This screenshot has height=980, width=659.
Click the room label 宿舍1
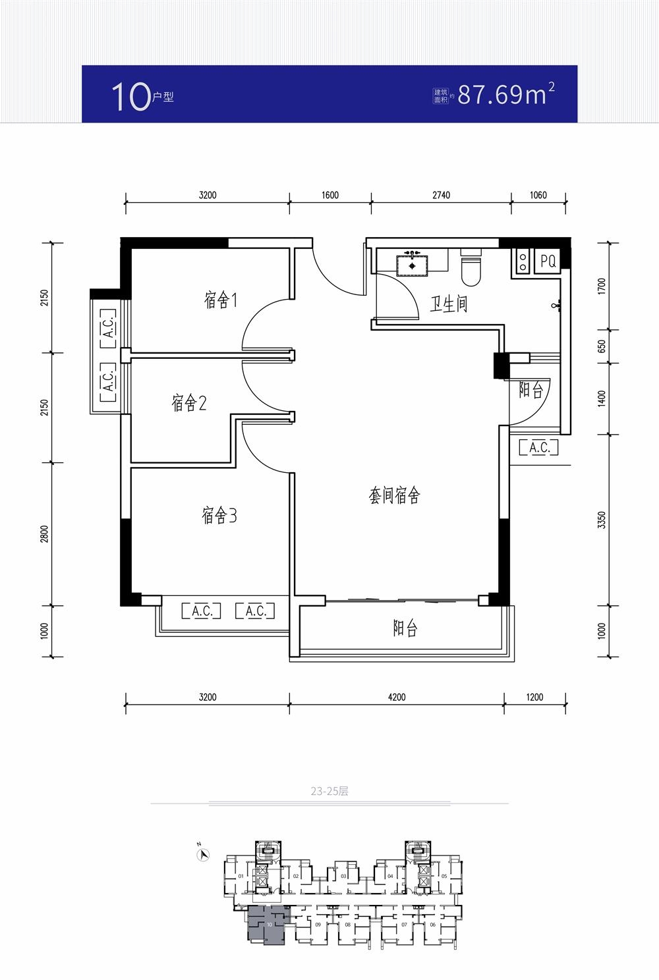(x=220, y=300)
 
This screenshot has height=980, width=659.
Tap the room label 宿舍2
(x=188, y=402)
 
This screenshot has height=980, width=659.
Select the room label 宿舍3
(x=219, y=515)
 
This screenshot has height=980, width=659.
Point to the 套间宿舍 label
(x=394, y=495)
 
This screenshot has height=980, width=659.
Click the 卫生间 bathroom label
(x=449, y=304)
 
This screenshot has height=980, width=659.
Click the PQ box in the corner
(x=548, y=261)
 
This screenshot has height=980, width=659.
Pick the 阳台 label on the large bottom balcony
(x=405, y=628)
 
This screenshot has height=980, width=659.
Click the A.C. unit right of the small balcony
(x=539, y=448)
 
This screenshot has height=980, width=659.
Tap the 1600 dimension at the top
(x=330, y=195)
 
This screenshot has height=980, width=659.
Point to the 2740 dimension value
(x=441, y=195)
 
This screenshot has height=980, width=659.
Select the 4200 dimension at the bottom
(x=397, y=697)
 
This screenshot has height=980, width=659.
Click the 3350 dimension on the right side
(x=601, y=520)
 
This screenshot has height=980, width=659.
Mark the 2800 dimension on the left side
(x=45, y=534)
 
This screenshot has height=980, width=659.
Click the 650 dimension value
(x=601, y=346)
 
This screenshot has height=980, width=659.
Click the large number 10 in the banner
(x=130, y=97)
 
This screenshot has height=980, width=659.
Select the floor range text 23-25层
(x=329, y=791)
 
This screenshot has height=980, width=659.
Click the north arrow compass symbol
(x=204, y=854)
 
